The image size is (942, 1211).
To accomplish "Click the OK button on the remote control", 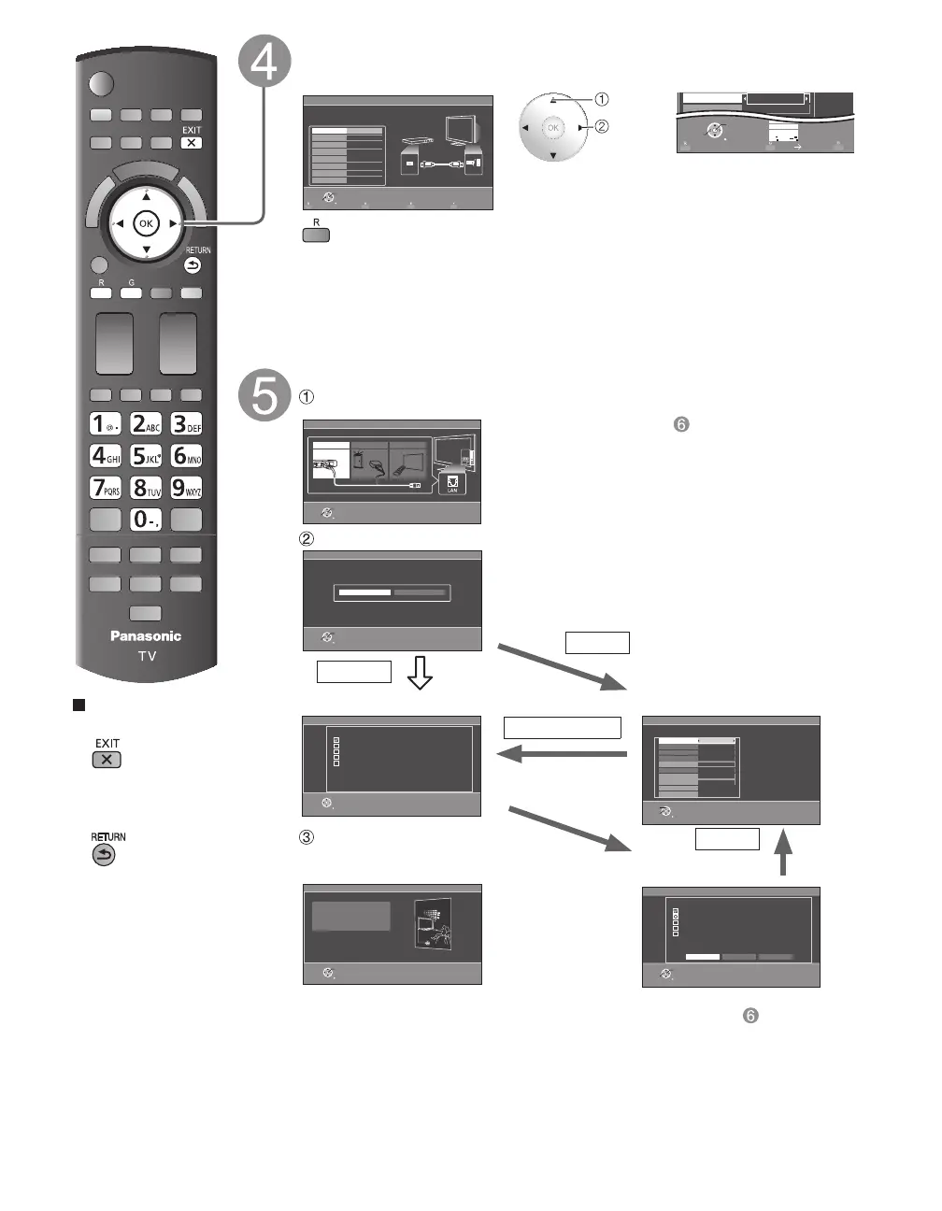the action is pos(146,223).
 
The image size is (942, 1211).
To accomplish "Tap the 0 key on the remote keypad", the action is pos(146,520).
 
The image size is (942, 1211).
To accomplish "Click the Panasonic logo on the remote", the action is pos(146,636).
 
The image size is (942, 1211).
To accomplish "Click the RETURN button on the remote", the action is pos(193,265).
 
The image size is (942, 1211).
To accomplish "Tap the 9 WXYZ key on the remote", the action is pos(186,488).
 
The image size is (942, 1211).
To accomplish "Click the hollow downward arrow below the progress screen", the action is pos(420,672).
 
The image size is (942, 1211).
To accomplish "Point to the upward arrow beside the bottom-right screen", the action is pos(783,852).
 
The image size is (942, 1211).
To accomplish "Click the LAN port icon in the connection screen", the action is pos(452,482).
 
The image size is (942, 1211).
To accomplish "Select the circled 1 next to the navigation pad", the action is pos(602,99).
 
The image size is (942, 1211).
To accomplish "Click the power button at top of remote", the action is pos(100,84).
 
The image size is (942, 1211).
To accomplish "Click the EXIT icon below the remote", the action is pos(107,759).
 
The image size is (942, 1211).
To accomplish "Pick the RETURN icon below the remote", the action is pos(104,854).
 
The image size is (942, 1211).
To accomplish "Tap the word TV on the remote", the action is pos(147,656).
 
